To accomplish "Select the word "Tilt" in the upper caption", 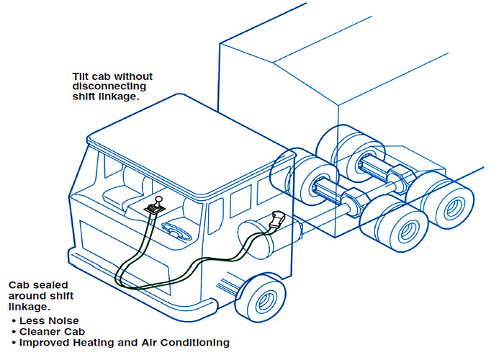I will click(x=81, y=76).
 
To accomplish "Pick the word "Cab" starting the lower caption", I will click(x=17, y=286).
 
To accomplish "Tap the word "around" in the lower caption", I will click(x=24, y=296).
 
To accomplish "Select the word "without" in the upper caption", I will click(x=134, y=76).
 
